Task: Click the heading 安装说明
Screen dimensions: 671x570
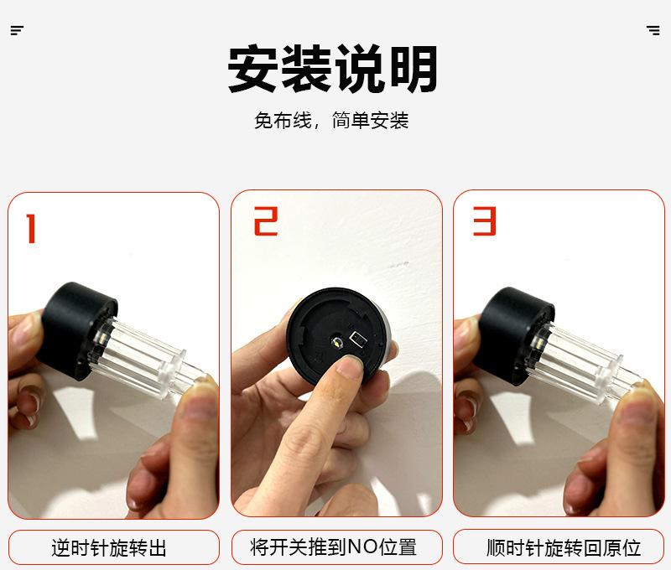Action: click(332, 69)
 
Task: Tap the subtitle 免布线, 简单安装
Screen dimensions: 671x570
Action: click(331, 120)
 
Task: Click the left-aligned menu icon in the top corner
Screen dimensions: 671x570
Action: click(17, 30)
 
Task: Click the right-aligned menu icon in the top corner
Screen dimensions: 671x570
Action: click(653, 30)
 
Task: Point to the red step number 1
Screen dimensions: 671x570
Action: click(31, 228)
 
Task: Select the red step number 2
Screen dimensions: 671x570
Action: click(266, 221)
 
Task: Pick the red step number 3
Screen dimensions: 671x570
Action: click(485, 220)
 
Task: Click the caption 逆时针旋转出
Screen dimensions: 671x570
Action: click(109, 547)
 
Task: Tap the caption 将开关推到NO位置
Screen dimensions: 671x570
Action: click(333, 547)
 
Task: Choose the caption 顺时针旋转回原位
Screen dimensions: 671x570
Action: click(564, 547)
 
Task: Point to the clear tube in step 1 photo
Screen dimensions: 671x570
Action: click(141, 360)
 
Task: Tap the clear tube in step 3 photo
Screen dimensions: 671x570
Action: click(582, 364)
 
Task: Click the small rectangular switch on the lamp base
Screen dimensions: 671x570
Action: click(359, 339)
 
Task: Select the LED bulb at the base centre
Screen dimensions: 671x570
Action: click(338, 342)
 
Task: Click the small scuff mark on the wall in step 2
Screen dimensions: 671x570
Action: click(399, 265)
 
